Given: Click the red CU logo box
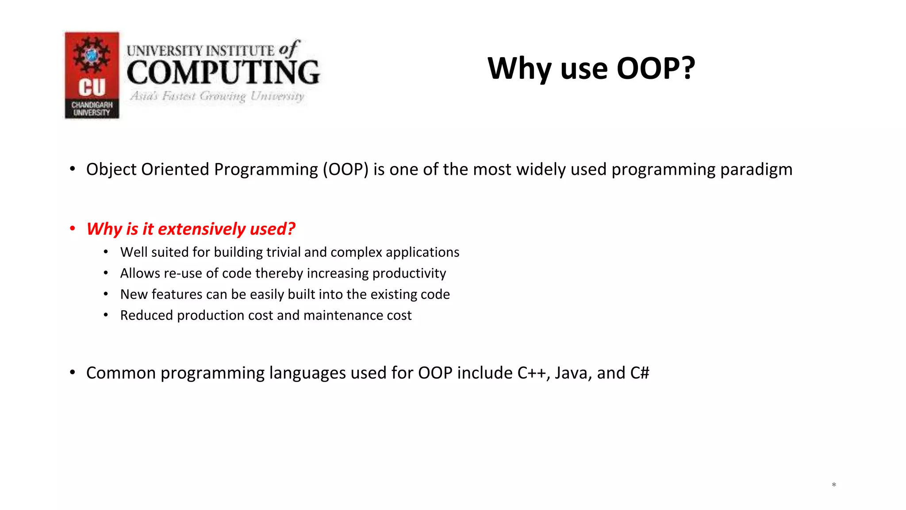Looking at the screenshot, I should pos(92,75).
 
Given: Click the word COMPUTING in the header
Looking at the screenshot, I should pos(223,73).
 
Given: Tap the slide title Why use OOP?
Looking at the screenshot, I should pos(591,69).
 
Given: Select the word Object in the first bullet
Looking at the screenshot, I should pos(111,170).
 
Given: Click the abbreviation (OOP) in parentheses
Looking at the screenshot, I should pos(346,170).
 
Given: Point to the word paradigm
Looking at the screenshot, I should pos(756,170).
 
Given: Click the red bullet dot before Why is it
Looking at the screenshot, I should pos(73,228).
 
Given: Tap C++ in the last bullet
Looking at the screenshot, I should pos(534,373).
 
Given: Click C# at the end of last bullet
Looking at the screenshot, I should pos(640,373).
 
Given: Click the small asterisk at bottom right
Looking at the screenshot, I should pos(833,485).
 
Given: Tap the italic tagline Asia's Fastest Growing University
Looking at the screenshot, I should pos(217,96).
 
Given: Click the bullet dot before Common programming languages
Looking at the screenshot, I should pos(73,372).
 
